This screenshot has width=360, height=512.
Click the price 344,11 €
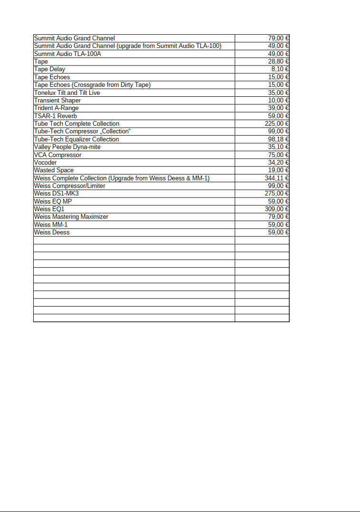click(277, 178)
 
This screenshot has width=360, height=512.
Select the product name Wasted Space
click(54, 170)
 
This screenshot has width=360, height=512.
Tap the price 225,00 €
click(277, 124)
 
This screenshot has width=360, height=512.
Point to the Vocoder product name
click(45, 162)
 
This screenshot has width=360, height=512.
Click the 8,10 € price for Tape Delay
click(281, 69)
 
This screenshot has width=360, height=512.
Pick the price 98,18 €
click(279, 139)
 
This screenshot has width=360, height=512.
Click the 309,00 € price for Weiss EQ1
click(277, 209)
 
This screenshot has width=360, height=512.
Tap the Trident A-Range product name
click(56, 108)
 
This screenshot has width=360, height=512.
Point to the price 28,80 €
click(279, 62)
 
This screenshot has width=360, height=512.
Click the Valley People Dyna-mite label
click(67, 147)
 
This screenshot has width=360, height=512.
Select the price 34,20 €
click(279, 162)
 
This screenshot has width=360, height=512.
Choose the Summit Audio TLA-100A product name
click(67, 54)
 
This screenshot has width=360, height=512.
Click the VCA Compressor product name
click(57, 155)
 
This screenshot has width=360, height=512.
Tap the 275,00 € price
click(277, 194)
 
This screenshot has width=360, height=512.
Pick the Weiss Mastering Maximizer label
click(71, 217)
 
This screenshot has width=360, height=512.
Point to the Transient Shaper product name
click(57, 100)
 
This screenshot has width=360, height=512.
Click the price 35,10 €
click(279, 147)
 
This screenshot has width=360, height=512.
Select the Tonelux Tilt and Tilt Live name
click(66, 93)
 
